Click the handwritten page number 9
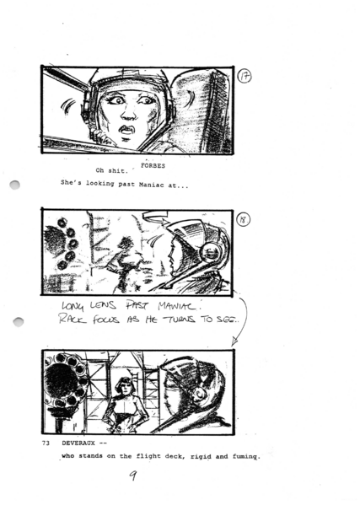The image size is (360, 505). click(132, 478)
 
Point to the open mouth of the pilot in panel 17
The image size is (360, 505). click(126, 131)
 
